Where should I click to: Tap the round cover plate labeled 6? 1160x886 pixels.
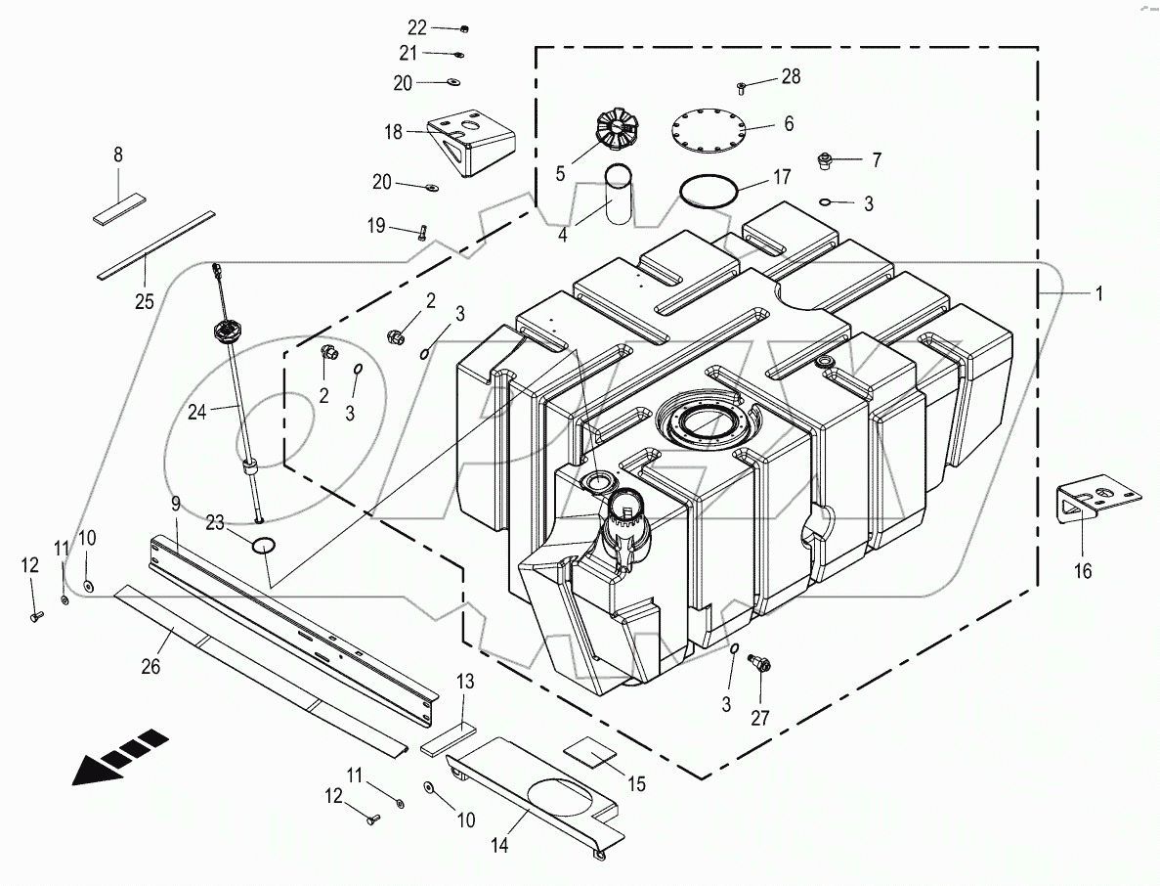pyautogui.click(x=708, y=131)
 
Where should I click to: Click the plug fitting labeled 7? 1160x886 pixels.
pyautogui.click(x=823, y=158)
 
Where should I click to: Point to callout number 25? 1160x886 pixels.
pyautogui.click(x=144, y=301)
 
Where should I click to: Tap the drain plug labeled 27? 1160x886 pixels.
pyautogui.click(x=758, y=665)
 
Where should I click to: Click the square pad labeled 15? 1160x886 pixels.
pyautogui.click(x=592, y=748)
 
